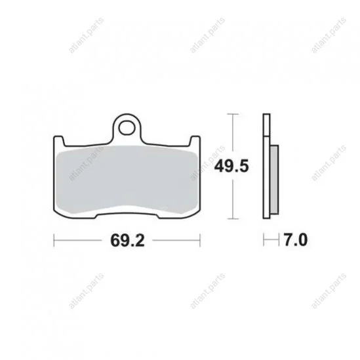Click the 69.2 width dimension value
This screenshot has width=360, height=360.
point(127,241)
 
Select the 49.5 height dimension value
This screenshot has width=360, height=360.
point(231,166)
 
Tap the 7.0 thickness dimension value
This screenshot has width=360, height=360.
point(296,240)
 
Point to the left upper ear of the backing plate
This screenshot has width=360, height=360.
point(58,140)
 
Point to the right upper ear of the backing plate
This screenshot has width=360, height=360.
point(195,140)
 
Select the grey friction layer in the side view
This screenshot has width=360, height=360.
point(274,180)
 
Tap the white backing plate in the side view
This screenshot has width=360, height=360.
point(266,166)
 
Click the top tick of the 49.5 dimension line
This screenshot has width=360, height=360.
point(233,114)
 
